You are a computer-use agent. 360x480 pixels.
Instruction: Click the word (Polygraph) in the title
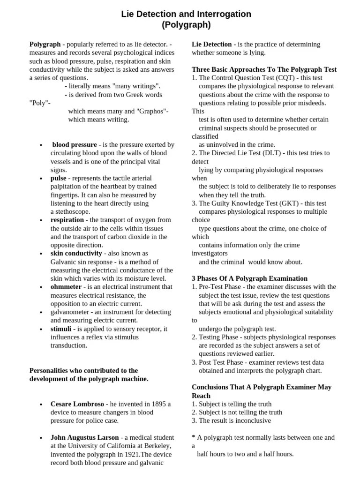[186, 25]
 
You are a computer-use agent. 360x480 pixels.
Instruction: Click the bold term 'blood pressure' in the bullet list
[75, 145]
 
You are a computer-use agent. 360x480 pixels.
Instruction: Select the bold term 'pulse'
[59, 178]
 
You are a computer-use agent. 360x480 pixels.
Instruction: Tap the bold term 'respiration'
[67, 220]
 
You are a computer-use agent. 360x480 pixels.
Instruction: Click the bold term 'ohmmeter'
[66, 287]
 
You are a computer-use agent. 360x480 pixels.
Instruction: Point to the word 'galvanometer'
[71, 312]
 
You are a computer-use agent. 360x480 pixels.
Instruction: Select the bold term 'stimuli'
[61, 329]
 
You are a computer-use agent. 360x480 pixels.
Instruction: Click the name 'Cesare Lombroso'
[77, 404]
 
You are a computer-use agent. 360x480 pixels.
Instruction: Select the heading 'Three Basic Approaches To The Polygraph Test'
[264, 69]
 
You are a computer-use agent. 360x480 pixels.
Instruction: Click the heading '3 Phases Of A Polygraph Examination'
[250, 278]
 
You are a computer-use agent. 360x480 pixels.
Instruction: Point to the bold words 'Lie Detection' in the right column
[212, 44]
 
